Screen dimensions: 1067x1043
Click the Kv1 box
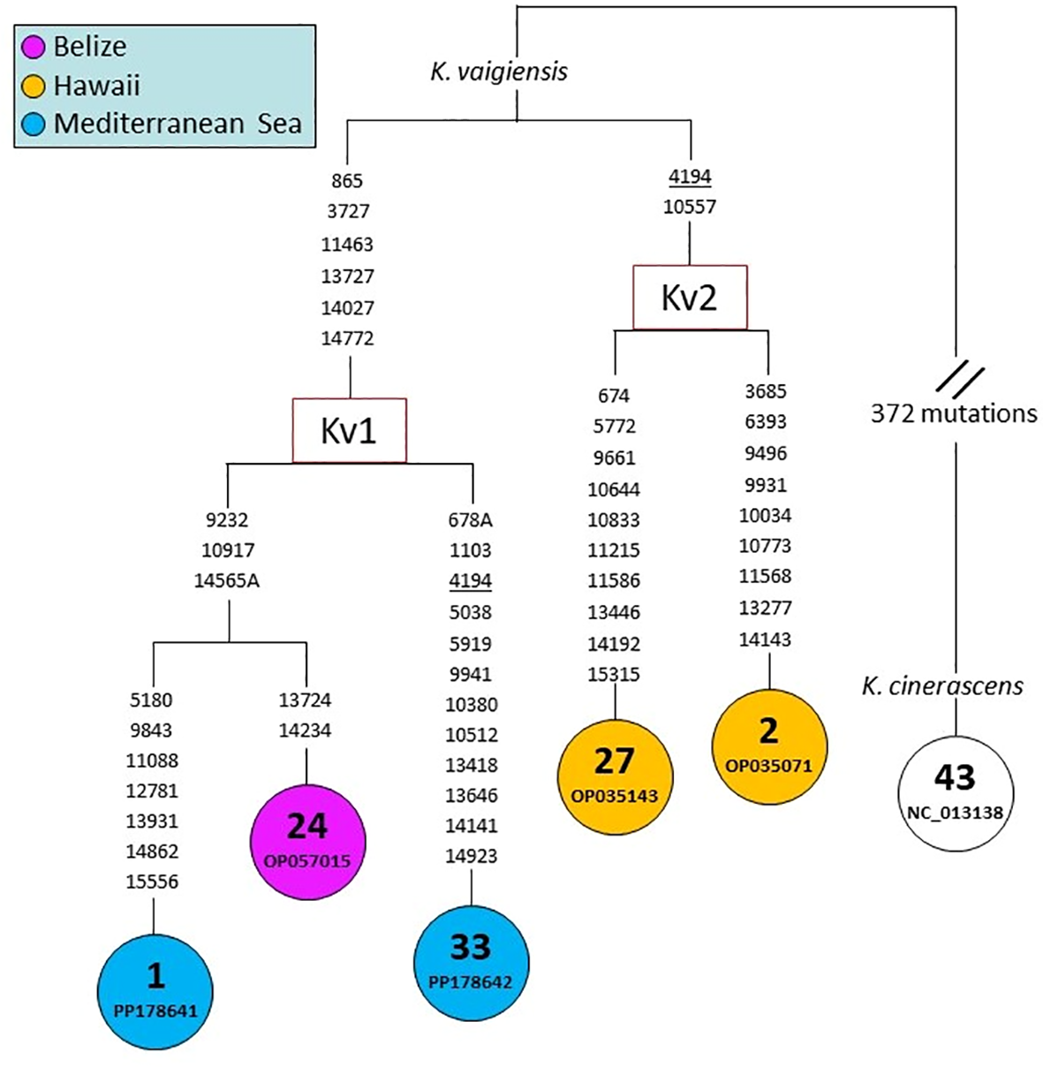pyautogui.click(x=349, y=430)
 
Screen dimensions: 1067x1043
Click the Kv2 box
pyautogui.click(x=690, y=298)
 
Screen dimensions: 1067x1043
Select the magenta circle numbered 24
pyautogui.click(x=306, y=840)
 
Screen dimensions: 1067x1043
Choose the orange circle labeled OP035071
pyautogui.click(x=768, y=745)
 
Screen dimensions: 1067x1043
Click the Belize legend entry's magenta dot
pyautogui.click(x=34, y=47)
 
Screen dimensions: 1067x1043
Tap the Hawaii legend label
pyautogui.click(x=96, y=86)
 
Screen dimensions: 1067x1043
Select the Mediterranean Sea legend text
pyautogui.click(x=177, y=124)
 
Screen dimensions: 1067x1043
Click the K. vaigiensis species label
pyautogui.click(x=499, y=72)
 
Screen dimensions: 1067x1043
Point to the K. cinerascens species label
pyautogui.click(x=942, y=685)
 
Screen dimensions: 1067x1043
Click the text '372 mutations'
pyautogui.click(x=954, y=413)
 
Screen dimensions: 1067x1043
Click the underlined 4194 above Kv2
pyautogui.click(x=690, y=177)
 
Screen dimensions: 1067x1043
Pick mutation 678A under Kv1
pyautogui.click(x=470, y=520)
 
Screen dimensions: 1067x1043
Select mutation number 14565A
pyautogui.click(x=227, y=581)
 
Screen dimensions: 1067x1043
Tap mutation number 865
pyautogui.click(x=347, y=181)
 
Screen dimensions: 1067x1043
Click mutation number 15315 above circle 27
pyautogui.click(x=614, y=675)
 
